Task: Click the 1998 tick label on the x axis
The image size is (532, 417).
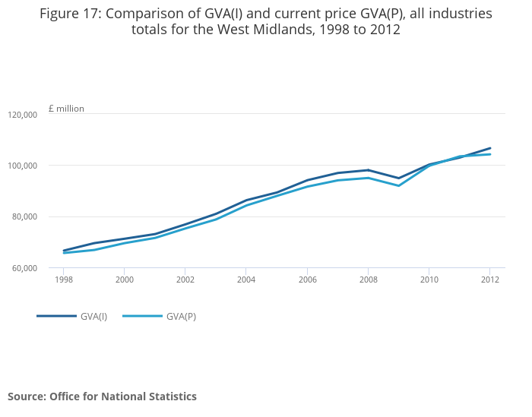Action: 63,280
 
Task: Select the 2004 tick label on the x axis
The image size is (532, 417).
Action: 246,280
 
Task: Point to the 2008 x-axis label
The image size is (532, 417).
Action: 368,280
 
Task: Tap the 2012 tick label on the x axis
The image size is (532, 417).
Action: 490,280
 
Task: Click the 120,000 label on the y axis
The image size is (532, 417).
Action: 23,115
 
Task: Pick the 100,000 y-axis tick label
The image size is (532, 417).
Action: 23,166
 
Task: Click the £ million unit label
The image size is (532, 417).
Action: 66,109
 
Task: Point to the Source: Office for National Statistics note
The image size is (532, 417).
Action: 102,396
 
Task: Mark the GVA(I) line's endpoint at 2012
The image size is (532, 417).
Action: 490,148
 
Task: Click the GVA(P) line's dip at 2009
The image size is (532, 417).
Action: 399,186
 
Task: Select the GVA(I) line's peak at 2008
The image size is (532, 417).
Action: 368,170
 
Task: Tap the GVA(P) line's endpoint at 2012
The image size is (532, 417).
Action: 490,154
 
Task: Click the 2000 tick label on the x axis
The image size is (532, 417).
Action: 125,280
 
